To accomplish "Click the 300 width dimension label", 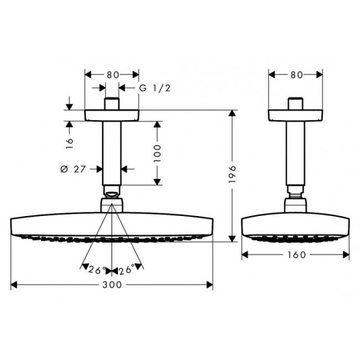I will pyautogui.click(x=112, y=285).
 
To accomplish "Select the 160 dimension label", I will pyautogui.click(x=295, y=255).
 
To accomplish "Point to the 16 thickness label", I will pyautogui.click(x=69, y=143).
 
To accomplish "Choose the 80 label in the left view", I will pyautogui.click(x=112, y=75).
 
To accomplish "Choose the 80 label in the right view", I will pyautogui.click(x=296, y=75).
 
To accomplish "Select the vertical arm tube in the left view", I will pyautogui.click(x=112, y=153).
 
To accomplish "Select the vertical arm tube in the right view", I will pyautogui.click(x=296, y=153).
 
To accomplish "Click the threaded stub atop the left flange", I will pyautogui.click(x=112, y=104).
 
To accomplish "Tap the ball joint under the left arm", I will pyautogui.click(x=112, y=194).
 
